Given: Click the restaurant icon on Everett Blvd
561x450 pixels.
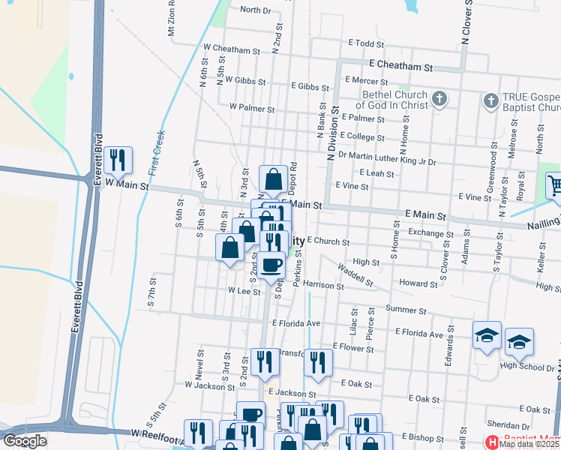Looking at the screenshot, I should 118,160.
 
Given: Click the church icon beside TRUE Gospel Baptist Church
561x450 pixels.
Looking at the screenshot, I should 490,100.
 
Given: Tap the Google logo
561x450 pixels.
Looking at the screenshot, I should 25,441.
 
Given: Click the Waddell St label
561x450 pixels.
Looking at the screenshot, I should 355,275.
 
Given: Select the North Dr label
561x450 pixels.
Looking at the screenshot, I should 255,10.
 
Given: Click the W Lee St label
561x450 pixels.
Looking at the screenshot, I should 244,291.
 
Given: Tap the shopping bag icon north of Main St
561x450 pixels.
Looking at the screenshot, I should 273,179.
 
